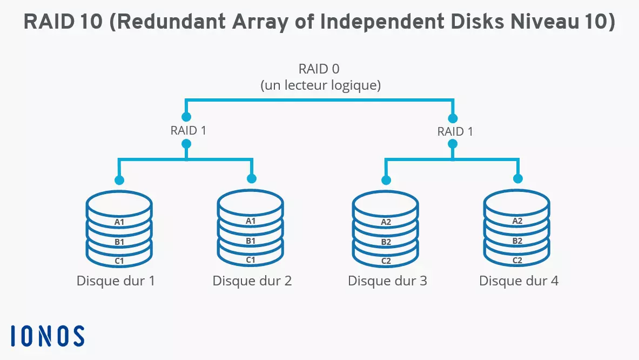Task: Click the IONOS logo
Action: click(48, 336)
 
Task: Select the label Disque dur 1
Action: click(116, 281)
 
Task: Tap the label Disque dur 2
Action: click(252, 281)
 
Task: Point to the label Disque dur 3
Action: click(387, 281)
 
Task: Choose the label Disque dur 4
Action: click(519, 281)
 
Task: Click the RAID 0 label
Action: click(320, 69)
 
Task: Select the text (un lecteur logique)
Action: click(320, 85)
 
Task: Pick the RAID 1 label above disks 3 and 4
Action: click(455, 131)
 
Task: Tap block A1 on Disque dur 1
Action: click(119, 222)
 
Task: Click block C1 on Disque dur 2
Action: click(251, 260)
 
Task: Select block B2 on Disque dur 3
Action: click(386, 242)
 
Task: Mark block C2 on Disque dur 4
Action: click(517, 260)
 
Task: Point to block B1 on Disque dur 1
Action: click(119, 242)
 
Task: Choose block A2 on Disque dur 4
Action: click(517, 221)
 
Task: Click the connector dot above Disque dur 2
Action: click(251, 179)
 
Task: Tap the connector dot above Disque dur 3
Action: click(386, 180)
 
